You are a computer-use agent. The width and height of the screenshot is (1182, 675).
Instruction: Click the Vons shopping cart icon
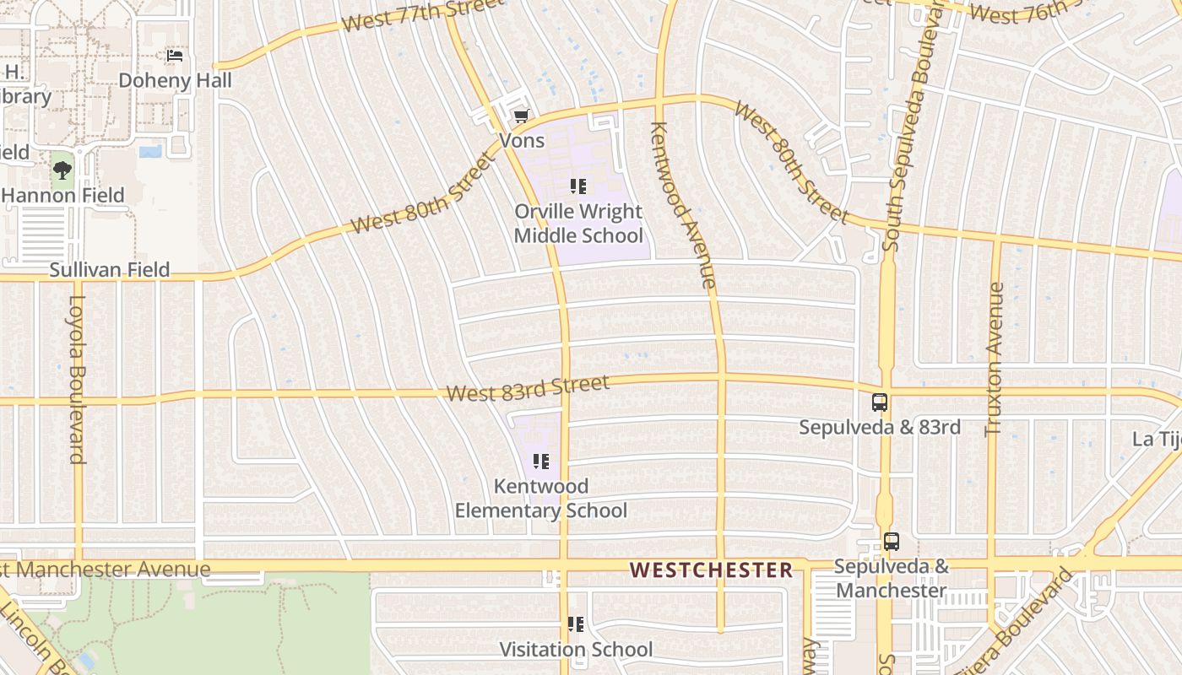522,116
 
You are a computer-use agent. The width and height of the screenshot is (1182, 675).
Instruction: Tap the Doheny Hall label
175,81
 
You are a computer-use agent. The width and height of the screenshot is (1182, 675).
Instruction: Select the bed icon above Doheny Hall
175,56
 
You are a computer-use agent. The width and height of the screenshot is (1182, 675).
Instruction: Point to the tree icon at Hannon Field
62,170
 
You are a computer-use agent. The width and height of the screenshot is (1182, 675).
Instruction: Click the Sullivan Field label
109,270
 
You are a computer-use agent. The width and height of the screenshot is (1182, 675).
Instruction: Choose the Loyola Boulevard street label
78,379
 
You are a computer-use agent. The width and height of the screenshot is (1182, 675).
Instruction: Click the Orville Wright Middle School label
578,224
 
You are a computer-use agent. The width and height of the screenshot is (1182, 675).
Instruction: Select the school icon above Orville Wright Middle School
578,186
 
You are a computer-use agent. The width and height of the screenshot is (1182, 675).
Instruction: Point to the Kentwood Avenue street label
684,205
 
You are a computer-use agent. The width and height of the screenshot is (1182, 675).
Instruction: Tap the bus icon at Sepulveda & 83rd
880,402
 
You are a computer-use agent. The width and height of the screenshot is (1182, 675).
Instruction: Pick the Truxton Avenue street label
995,359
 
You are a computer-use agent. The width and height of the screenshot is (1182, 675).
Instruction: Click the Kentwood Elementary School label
541,499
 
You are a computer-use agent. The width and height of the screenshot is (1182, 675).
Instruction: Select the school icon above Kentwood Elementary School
541,462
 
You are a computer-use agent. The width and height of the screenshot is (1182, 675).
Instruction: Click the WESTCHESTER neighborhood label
711,570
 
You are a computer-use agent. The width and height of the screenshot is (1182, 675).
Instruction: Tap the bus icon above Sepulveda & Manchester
892,542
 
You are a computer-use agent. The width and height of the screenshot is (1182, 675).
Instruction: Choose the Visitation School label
576,650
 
